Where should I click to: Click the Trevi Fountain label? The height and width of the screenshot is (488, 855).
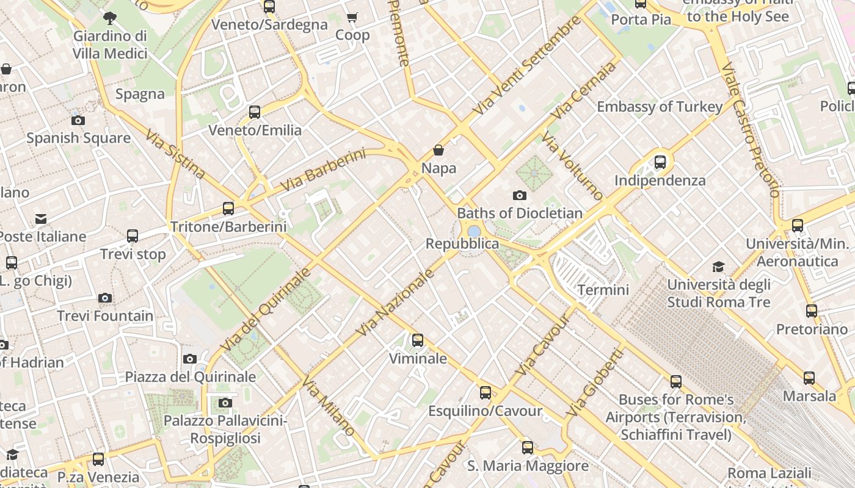105,316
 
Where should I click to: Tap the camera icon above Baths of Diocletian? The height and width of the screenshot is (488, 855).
520,196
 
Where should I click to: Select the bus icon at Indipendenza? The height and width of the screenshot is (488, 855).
660,162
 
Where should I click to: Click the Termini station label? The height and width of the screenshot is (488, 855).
603,290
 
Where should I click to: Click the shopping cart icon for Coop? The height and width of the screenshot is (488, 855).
352,18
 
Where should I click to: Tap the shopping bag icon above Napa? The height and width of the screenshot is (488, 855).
438,150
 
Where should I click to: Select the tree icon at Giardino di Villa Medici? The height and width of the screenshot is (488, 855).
110,18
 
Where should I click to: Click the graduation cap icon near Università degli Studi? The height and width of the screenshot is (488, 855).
718,267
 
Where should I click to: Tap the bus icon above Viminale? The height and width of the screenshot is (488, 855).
418,340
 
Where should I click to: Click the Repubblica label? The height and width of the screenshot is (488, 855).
462,244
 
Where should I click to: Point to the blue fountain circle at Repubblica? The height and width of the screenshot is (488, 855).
474,231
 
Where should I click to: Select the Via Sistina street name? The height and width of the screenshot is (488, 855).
175,153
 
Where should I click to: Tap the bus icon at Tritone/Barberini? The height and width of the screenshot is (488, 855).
228,209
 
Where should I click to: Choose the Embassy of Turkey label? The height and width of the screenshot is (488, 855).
660,107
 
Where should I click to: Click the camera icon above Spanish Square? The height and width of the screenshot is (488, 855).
78,120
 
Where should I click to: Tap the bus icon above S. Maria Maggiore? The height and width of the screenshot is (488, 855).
528,448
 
